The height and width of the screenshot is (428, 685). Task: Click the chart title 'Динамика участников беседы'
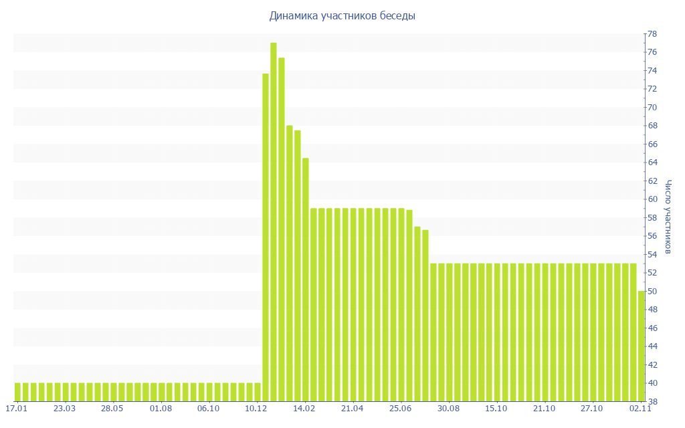342,16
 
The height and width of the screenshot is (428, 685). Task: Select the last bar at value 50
641,346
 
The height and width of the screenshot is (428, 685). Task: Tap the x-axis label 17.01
16,408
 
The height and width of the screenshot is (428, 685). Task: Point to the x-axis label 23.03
64,408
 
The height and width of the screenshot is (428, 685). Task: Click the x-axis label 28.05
112,408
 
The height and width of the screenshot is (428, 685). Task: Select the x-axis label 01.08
161,408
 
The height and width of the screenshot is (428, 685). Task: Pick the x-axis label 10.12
256,408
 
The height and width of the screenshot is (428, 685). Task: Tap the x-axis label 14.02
304,408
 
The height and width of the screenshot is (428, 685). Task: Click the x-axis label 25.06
400,408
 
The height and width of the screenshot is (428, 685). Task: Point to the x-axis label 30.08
448,408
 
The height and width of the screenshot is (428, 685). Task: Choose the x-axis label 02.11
640,408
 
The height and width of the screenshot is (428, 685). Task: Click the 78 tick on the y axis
651,34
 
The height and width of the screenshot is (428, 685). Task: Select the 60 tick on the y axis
651,199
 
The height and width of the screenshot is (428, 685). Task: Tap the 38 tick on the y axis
651,401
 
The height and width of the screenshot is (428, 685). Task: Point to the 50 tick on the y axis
651,291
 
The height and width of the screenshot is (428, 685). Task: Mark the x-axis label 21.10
544,408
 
